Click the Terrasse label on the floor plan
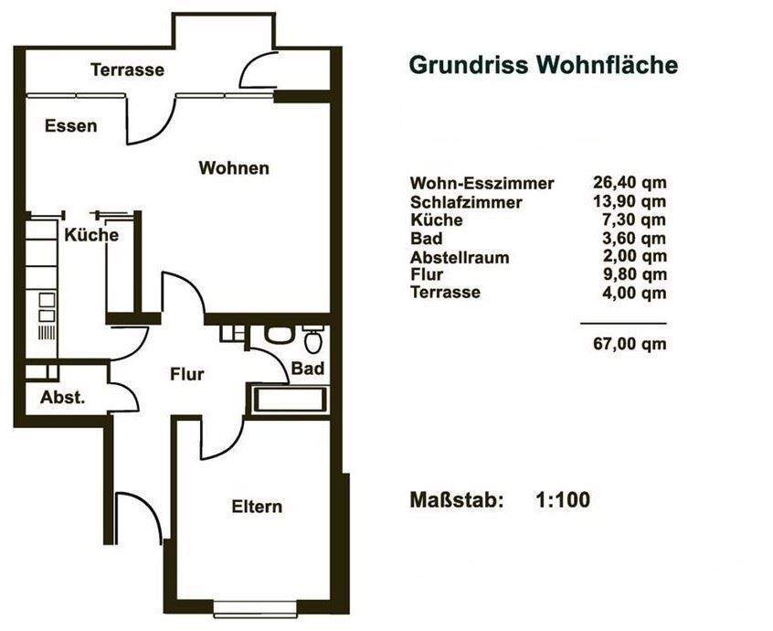pyautogui.click(x=127, y=70)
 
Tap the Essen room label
pyautogui.click(x=70, y=126)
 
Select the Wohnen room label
pyautogui.click(x=234, y=168)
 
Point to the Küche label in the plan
pyautogui.click(x=91, y=235)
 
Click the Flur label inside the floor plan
pyautogui.click(x=186, y=374)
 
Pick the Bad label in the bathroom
pyautogui.click(x=307, y=368)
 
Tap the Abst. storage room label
pyautogui.click(x=63, y=398)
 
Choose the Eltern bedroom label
pyautogui.click(x=257, y=507)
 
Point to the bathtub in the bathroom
pyautogui.click(x=287, y=400)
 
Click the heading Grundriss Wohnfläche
pyautogui.click(x=543, y=66)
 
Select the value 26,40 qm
pyautogui.click(x=630, y=182)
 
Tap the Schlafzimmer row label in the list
pyautogui.click(x=466, y=202)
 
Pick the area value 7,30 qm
pyautogui.click(x=630, y=220)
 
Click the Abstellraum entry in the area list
pyautogui.click(x=460, y=258)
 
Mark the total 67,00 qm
pyautogui.click(x=630, y=344)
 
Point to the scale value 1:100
pyautogui.click(x=562, y=500)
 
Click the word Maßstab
pyautogui.click(x=457, y=500)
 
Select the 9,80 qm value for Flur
pyautogui.click(x=630, y=275)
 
